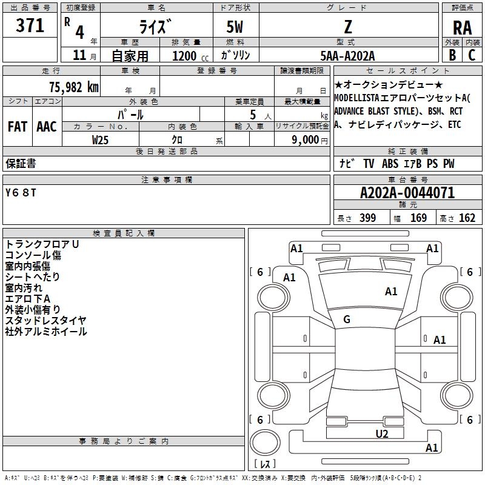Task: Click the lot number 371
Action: [x=30, y=25]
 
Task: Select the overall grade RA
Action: [x=462, y=28]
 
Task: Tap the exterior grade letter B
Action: [x=452, y=55]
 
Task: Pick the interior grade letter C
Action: [x=472, y=55]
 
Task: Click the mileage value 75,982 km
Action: [x=74, y=87]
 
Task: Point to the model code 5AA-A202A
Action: [x=347, y=56]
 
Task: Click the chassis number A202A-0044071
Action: [x=407, y=193]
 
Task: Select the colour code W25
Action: [x=100, y=140]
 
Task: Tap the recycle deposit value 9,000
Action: [x=305, y=140]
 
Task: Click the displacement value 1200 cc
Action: [x=190, y=56]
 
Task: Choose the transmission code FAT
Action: [x=18, y=127]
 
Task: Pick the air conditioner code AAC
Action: [x=47, y=127]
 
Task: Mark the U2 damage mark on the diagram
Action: [x=382, y=433]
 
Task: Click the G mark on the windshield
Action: [x=347, y=319]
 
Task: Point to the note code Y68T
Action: [x=21, y=193]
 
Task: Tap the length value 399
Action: [x=367, y=218]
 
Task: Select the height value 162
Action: [x=467, y=218]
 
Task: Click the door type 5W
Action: [x=235, y=27]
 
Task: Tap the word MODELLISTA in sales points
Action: [x=356, y=98]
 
